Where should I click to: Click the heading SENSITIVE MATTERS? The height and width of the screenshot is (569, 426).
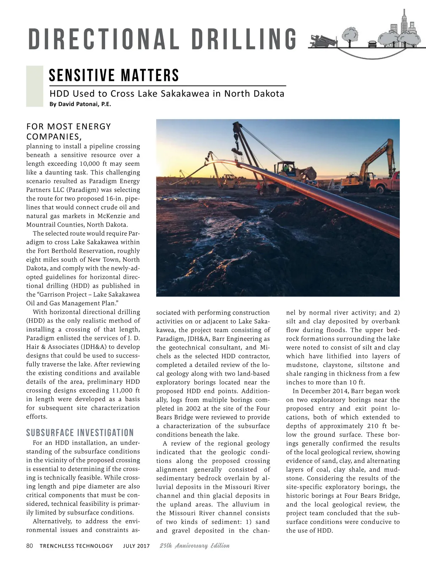[x=114, y=75]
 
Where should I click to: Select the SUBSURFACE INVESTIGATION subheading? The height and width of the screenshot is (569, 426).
[x=80, y=433]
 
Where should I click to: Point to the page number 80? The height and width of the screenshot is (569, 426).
[x=29, y=546]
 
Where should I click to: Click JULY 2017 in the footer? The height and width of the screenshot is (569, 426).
[x=136, y=546]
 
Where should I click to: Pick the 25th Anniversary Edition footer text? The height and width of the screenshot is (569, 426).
[x=195, y=546]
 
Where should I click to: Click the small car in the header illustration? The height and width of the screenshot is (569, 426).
[x=372, y=44]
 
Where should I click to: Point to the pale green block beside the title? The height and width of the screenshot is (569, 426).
[x=34, y=86]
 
